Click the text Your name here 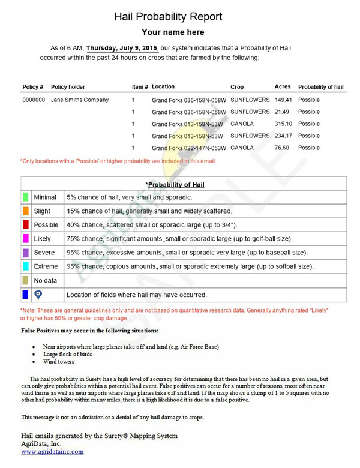[x=173, y=32]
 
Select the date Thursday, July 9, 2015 [x=122, y=48]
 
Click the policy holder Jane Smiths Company [x=80, y=100]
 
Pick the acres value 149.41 [x=283, y=100]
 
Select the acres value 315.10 [x=283, y=124]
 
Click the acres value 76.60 [x=282, y=148]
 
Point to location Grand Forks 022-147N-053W [x=189, y=148]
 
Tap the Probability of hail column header [x=321, y=87]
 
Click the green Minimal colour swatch [x=25, y=197]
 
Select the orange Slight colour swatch [x=25, y=211]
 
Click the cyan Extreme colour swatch [x=25, y=266]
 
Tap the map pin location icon [x=38, y=295]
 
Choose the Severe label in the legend [x=44, y=253]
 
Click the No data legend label [x=46, y=280]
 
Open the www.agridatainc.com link [x=52, y=451]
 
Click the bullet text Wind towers [x=59, y=362]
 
